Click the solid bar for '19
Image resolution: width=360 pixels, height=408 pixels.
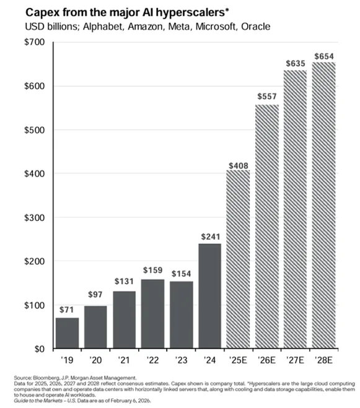coord(68,333)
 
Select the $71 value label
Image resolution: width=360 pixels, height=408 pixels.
coord(68,310)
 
